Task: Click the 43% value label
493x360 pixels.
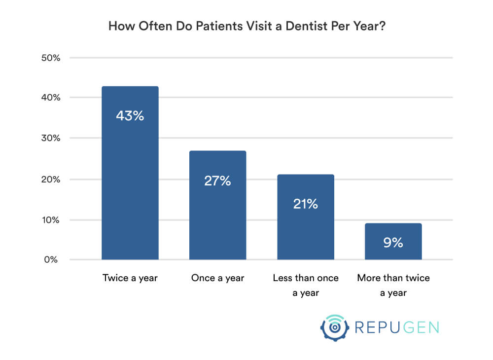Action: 130,116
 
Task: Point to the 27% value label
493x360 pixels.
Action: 217,181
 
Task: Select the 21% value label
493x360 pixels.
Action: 305,204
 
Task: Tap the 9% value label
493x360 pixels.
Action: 393,243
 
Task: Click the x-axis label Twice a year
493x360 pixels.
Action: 130,278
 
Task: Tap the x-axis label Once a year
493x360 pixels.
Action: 217,278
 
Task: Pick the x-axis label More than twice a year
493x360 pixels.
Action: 393,285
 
